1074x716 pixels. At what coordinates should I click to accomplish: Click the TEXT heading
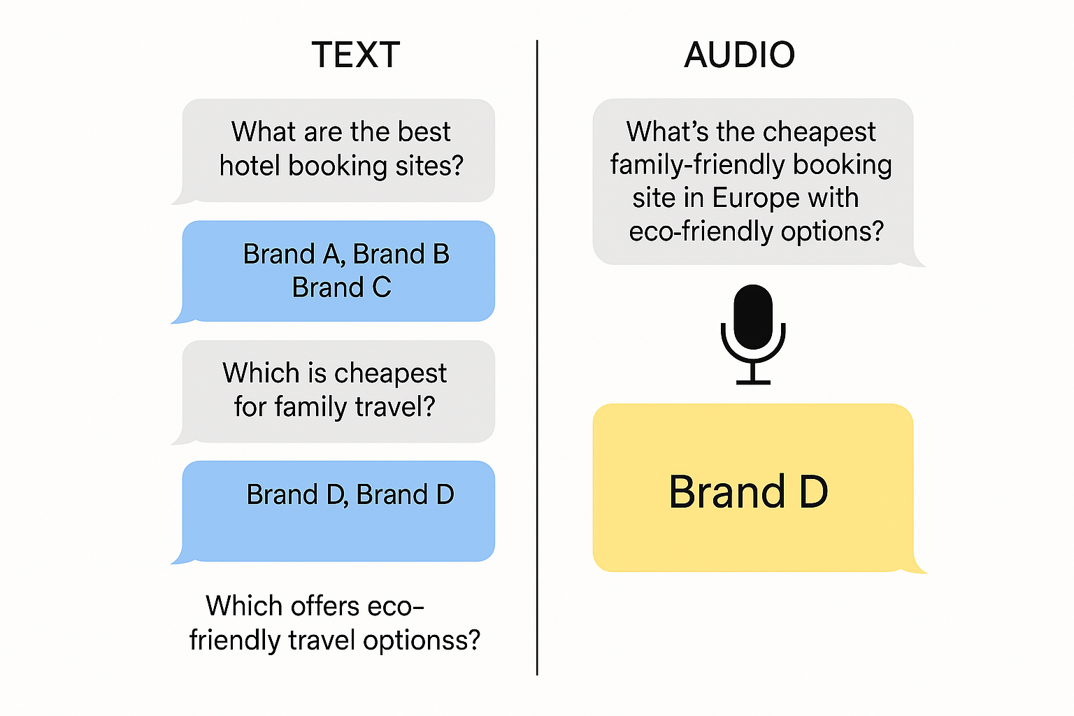(x=355, y=55)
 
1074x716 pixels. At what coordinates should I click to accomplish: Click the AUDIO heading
(x=739, y=55)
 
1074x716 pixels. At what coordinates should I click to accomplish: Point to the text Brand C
(x=341, y=287)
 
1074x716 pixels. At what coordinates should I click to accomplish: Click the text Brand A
(x=293, y=254)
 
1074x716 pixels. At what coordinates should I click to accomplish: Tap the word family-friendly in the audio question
(x=696, y=165)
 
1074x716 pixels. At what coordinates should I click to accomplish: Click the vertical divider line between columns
(x=537, y=357)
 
